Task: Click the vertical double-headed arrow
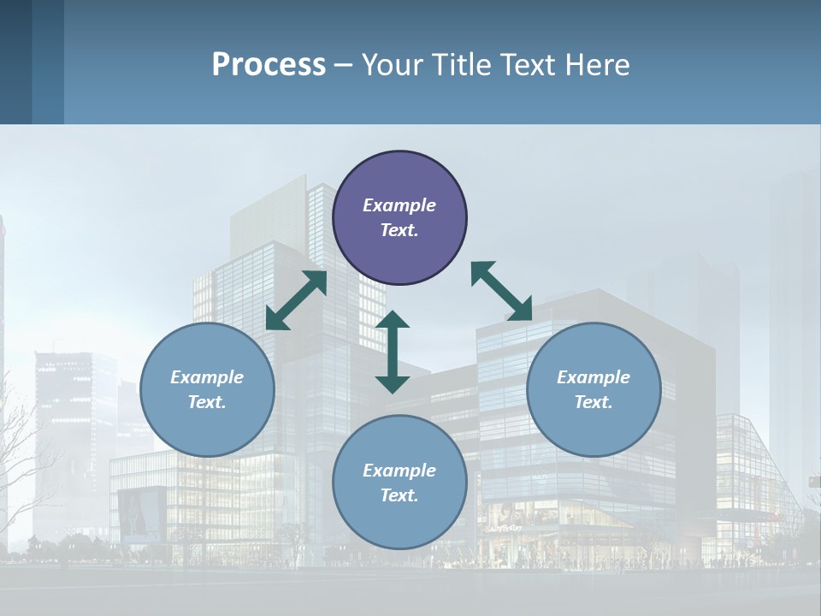[393, 352]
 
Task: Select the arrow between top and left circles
[297, 300]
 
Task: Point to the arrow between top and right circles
[502, 292]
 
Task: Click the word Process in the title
[269, 64]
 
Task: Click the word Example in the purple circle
[399, 205]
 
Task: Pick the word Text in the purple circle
[399, 230]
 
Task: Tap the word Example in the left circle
[207, 377]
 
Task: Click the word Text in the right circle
[593, 402]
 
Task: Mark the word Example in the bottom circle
[399, 471]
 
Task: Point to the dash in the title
[344, 65]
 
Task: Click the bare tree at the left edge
[21, 462]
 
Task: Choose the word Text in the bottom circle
[399, 495]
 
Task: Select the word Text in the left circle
[206, 402]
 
